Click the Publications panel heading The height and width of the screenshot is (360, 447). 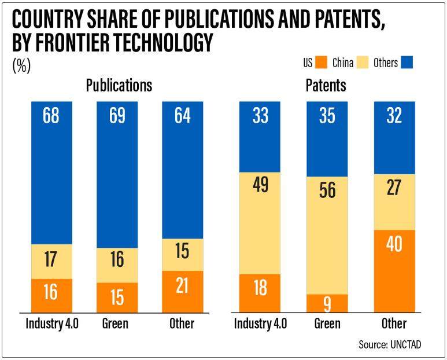tap(119, 85)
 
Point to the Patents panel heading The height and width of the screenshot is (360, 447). tap(326, 85)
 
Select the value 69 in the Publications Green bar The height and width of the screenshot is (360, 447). tap(117, 116)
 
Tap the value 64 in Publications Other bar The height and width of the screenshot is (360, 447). tap(183, 116)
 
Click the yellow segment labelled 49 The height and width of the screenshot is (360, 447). tap(260, 223)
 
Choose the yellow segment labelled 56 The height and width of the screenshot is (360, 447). tap(327, 235)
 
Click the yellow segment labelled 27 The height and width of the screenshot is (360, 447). tap(394, 202)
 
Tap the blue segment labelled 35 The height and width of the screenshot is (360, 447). tap(327, 138)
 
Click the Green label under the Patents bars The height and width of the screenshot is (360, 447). tap(327, 323)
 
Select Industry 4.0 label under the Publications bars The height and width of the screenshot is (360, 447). tap(51, 323)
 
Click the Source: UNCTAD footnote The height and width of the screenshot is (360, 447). tap(389, 344)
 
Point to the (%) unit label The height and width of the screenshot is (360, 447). tap(21, 65)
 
